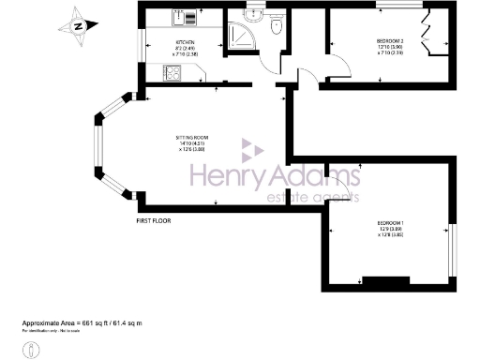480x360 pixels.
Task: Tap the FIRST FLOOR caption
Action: click(154, 220)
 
